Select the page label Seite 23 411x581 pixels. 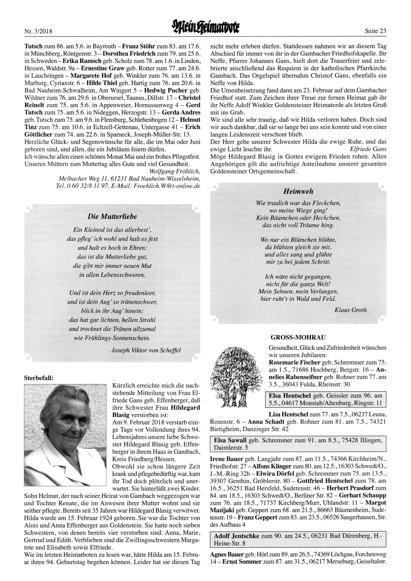pos(375,31)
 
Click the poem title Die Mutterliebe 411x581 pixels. pos(113,216)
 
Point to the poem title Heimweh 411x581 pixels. pos(298,191)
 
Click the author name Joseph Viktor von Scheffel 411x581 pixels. pos(146,350)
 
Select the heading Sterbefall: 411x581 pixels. pos(39,376)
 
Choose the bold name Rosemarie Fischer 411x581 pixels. pos(294,362)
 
